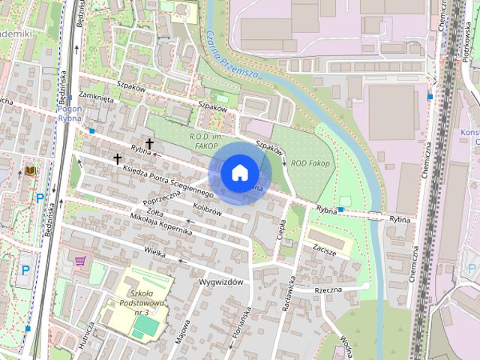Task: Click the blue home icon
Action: [238, 172]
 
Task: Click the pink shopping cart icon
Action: [80, 260]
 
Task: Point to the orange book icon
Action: [30, 171]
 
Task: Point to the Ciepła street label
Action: [283, 227]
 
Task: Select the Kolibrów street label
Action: [206, 213]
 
